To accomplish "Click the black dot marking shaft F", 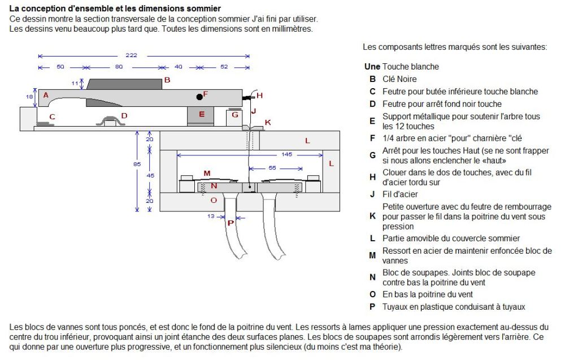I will click(199, 97).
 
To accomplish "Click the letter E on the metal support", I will click(201, 114).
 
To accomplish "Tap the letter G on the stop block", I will click(234, 116).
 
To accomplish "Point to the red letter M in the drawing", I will click(207, 173).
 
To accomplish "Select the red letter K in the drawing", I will click(268, 123).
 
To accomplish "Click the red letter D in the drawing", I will click(124, 116).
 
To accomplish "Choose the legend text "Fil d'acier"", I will click(400, 194).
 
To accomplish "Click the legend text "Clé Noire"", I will click(399, 79).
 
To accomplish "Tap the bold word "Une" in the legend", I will click(372, 67).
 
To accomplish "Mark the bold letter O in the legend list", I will click(372, 294).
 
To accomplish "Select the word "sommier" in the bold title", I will click(195, 8).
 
